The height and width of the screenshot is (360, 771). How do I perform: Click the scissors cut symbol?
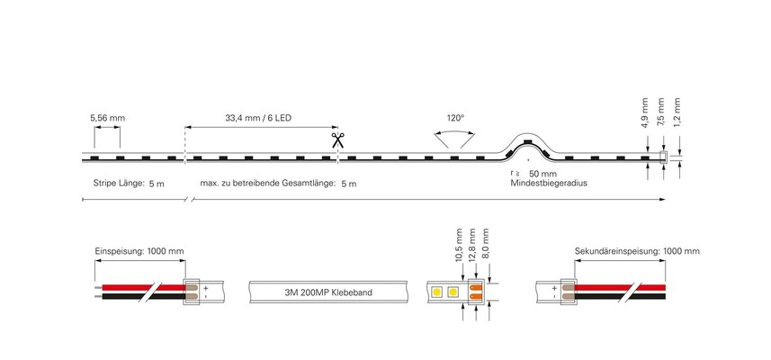[x=337, y=140]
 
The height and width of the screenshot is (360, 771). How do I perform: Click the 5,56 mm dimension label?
[x=107, y=118]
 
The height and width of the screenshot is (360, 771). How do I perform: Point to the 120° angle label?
[x=455, y=118]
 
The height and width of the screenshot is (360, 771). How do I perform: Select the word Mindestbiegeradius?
[x=549, y=183]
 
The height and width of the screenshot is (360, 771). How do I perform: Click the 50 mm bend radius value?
[x=542, y=174]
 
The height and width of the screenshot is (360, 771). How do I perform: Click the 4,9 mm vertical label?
[x=645, y=113]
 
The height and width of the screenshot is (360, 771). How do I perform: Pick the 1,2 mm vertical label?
[x=677, y=113]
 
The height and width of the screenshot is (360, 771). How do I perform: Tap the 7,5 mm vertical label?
[x=661, y=113]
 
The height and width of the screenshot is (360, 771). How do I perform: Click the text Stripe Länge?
[x=119, y=184]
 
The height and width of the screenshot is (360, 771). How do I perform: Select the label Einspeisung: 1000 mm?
[x=139, y=251]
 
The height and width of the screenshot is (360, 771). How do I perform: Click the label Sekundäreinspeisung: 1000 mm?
[x=637, y=251]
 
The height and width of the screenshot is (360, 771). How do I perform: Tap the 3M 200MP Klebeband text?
[x=328, y=292]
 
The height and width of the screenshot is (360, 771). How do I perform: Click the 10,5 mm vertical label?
[x=459, y=245]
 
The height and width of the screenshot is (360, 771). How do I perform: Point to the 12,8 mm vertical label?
[x=472, y=245]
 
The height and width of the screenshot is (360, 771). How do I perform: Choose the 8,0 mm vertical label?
[x=487, y=245]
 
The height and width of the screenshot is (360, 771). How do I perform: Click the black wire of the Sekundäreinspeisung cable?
[x=621, y=296]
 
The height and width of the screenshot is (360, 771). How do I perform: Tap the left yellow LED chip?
[x=436, y=292]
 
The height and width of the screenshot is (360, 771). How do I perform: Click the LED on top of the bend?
[x=526, y=141]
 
